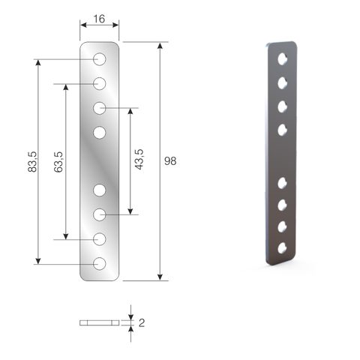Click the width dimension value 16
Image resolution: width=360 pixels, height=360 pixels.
point(99,19)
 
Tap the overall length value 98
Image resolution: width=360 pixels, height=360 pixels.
point(170,161)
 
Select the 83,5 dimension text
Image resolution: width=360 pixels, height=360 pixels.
point(32,162)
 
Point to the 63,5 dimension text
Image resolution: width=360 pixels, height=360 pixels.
point(58,162)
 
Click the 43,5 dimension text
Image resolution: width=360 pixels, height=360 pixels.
point(139,159)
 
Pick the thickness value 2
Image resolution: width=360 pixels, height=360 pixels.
point(142,323)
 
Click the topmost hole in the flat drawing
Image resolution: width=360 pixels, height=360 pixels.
point(100,59)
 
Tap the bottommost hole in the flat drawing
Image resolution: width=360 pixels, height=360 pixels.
point(100,264)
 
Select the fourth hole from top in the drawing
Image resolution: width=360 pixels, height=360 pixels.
point(100,133)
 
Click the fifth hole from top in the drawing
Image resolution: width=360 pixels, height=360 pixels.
point(100,190)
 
